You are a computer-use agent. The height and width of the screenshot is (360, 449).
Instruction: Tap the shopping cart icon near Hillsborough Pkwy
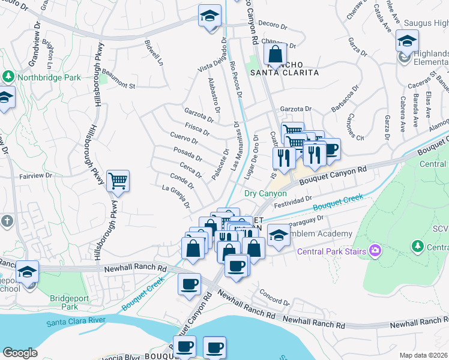coord(118,180)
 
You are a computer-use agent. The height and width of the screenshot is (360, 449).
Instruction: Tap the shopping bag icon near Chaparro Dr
coord(276,55)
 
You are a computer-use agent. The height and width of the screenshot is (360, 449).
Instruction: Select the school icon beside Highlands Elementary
coord(407,41)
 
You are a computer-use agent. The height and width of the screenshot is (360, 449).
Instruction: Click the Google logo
coord(20,353)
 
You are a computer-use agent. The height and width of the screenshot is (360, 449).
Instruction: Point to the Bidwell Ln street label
coord(153,53)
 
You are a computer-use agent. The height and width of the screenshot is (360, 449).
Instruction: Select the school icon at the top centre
coord(210,16)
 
